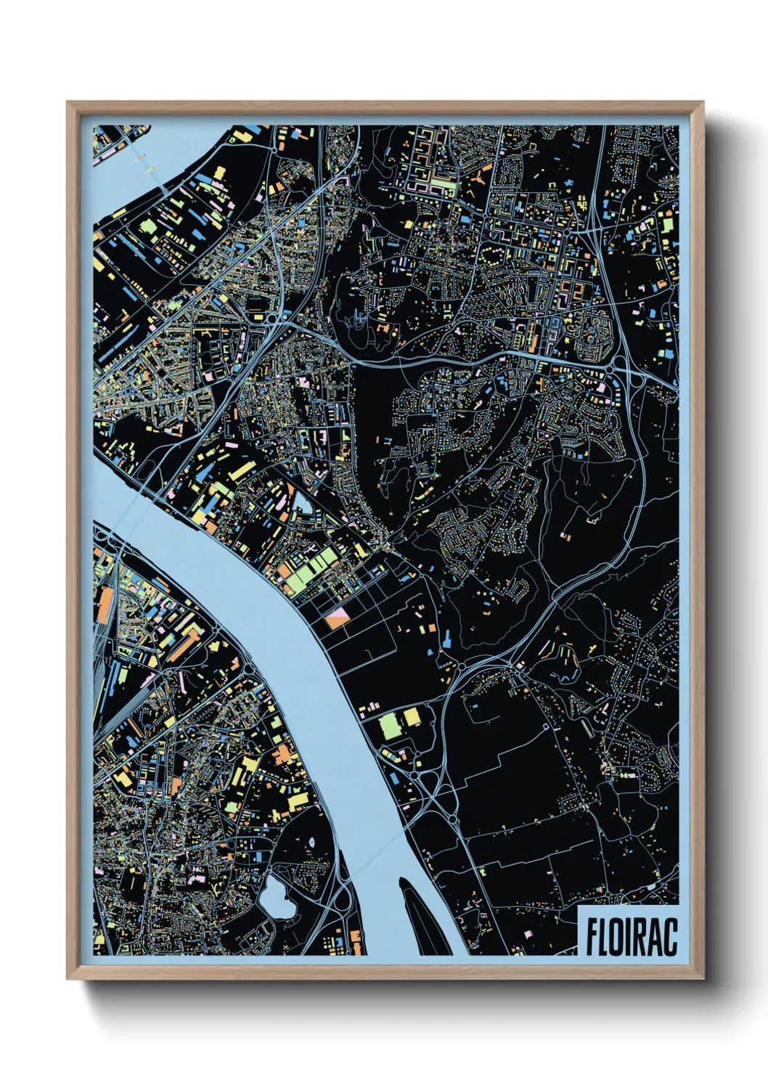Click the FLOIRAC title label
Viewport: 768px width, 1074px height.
[630, 936]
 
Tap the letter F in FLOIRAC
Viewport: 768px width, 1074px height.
[592, 937]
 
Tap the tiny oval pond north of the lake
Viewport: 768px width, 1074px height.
[311, 839]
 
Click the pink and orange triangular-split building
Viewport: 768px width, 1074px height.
[338, 618]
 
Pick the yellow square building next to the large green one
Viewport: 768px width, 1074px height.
[412, 718]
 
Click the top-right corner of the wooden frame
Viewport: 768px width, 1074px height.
[703, 104]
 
